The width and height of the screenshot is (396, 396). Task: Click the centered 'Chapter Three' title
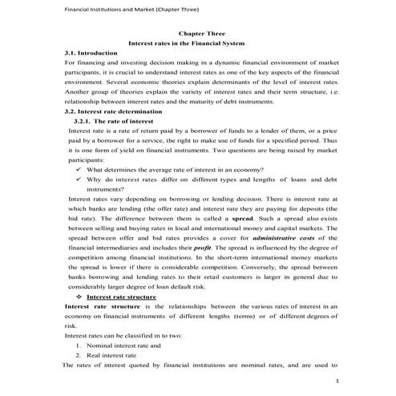point(197,33)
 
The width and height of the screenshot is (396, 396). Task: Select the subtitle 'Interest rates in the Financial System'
point(197,42)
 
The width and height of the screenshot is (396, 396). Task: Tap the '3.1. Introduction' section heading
point(91,52)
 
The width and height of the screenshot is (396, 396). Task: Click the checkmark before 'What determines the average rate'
point(76,170)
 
